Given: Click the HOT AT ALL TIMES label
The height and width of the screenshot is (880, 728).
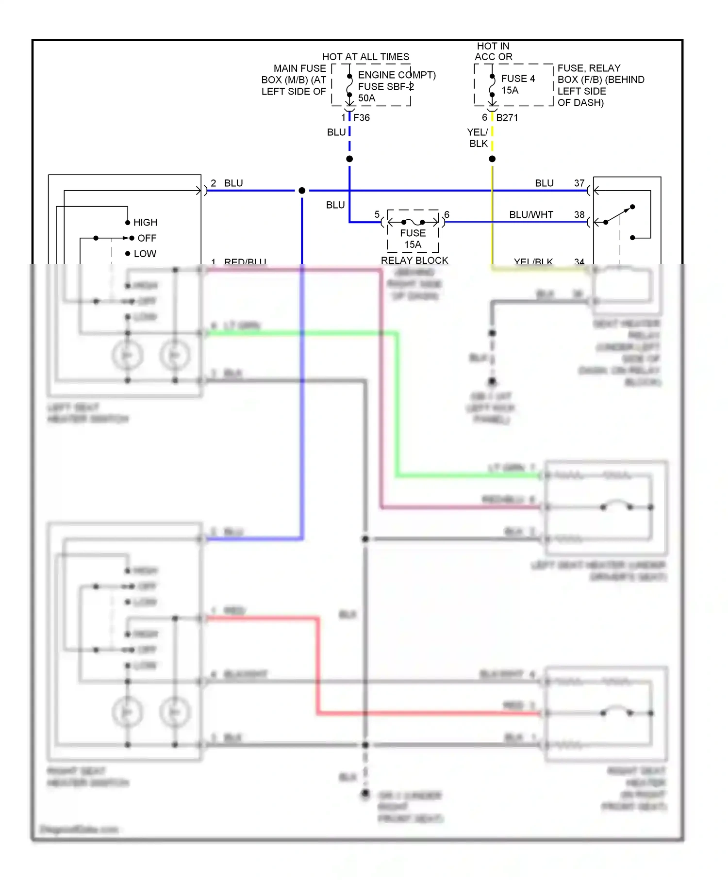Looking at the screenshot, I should [x=365, y=57].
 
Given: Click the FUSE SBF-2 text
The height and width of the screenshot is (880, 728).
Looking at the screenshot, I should [x=386, y=86].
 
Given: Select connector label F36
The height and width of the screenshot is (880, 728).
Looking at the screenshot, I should [x=362, y=117].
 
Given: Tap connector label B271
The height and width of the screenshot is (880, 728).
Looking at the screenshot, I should [x=507, y=117].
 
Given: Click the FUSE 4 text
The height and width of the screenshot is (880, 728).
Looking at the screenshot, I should [x=518, y=79].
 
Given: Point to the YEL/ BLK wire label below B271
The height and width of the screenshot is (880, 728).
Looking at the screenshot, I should [x=478, y=138].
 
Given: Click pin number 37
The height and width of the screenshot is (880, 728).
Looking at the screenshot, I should [x=579, y=183].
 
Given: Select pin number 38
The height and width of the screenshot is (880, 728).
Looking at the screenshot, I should [x=579, y=214].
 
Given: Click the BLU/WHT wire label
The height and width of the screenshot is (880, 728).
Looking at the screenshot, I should [x=531, y=214].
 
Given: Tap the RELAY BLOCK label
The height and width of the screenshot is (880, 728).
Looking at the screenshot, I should [x=414, y=261].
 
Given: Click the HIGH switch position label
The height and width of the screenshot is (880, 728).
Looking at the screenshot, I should [x=145, y=222].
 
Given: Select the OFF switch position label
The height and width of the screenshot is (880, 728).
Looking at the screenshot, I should [x=147, y=238].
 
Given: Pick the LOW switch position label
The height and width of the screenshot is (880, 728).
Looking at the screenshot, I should [x=145, y=254].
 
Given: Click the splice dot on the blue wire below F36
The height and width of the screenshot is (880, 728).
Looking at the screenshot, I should [x=349, y=159].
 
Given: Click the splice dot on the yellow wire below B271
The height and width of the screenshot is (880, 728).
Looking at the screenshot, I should [x=492, y=159].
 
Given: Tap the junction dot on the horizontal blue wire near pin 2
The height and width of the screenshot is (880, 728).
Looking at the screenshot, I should [x=302, y=191].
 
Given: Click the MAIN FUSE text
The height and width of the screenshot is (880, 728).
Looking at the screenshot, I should [x=299, y=68].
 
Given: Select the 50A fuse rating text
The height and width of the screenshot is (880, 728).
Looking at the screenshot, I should [x=366, y=98].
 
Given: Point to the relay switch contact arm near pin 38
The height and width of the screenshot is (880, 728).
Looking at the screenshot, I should [x=619, y=214].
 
